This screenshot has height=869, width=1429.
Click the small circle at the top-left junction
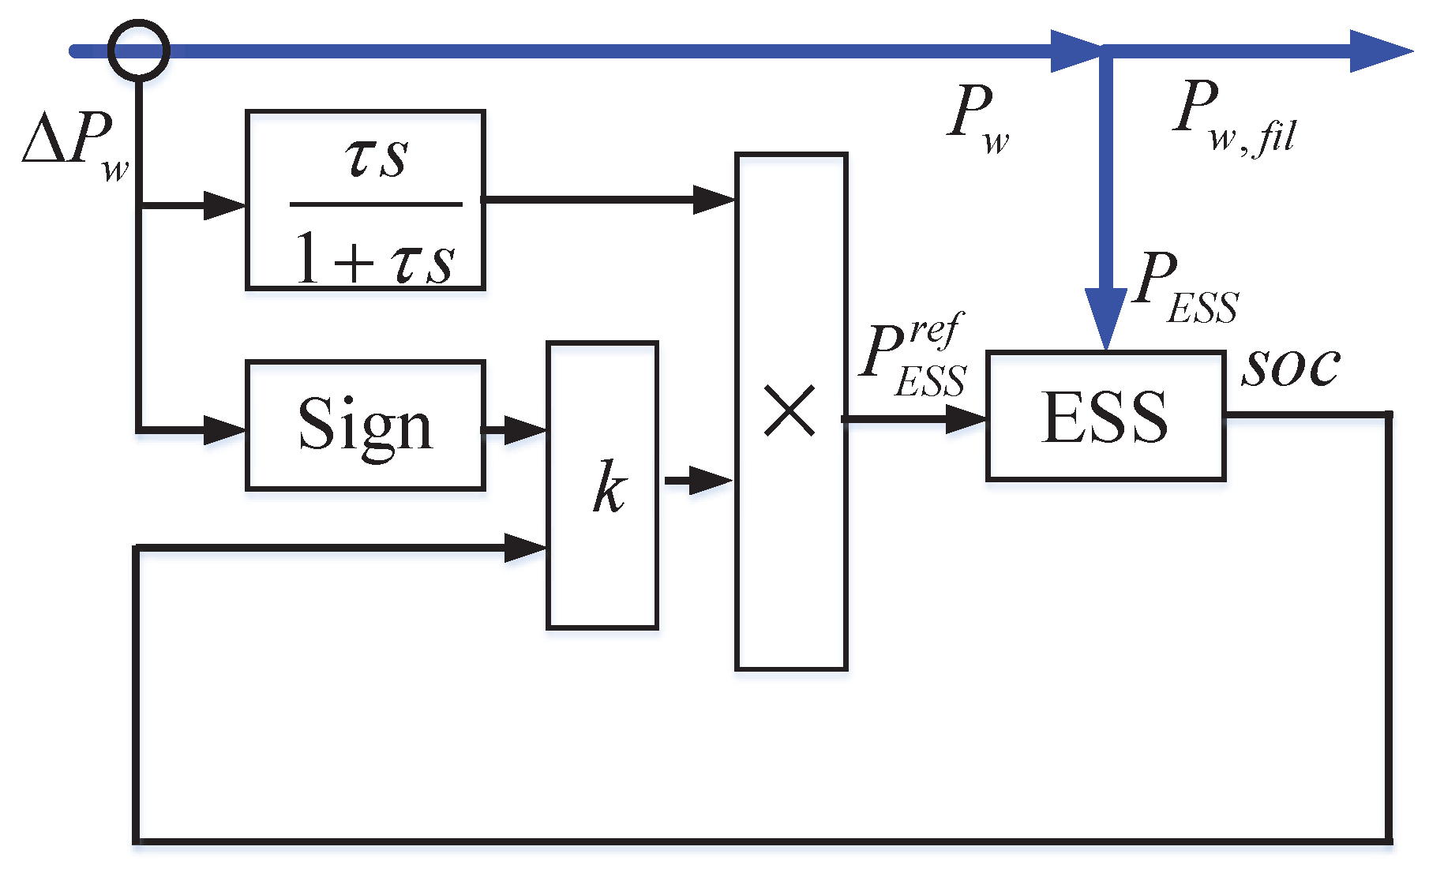tap(138, 51)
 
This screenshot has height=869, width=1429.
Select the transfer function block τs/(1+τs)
tap(365, 200)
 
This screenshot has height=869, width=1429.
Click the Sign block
tap(365, 425)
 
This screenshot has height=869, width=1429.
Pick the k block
tap(602, 485)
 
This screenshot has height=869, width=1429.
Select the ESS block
tap(1105, 416)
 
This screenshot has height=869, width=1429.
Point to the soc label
tap(1290, 367)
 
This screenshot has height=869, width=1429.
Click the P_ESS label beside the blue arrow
tap(1184, 287)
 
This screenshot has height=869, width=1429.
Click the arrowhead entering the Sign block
tap(224, 430)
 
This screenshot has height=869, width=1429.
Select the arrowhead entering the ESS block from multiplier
tap(965, 419)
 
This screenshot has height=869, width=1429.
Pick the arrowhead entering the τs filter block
tap(224, 205)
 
